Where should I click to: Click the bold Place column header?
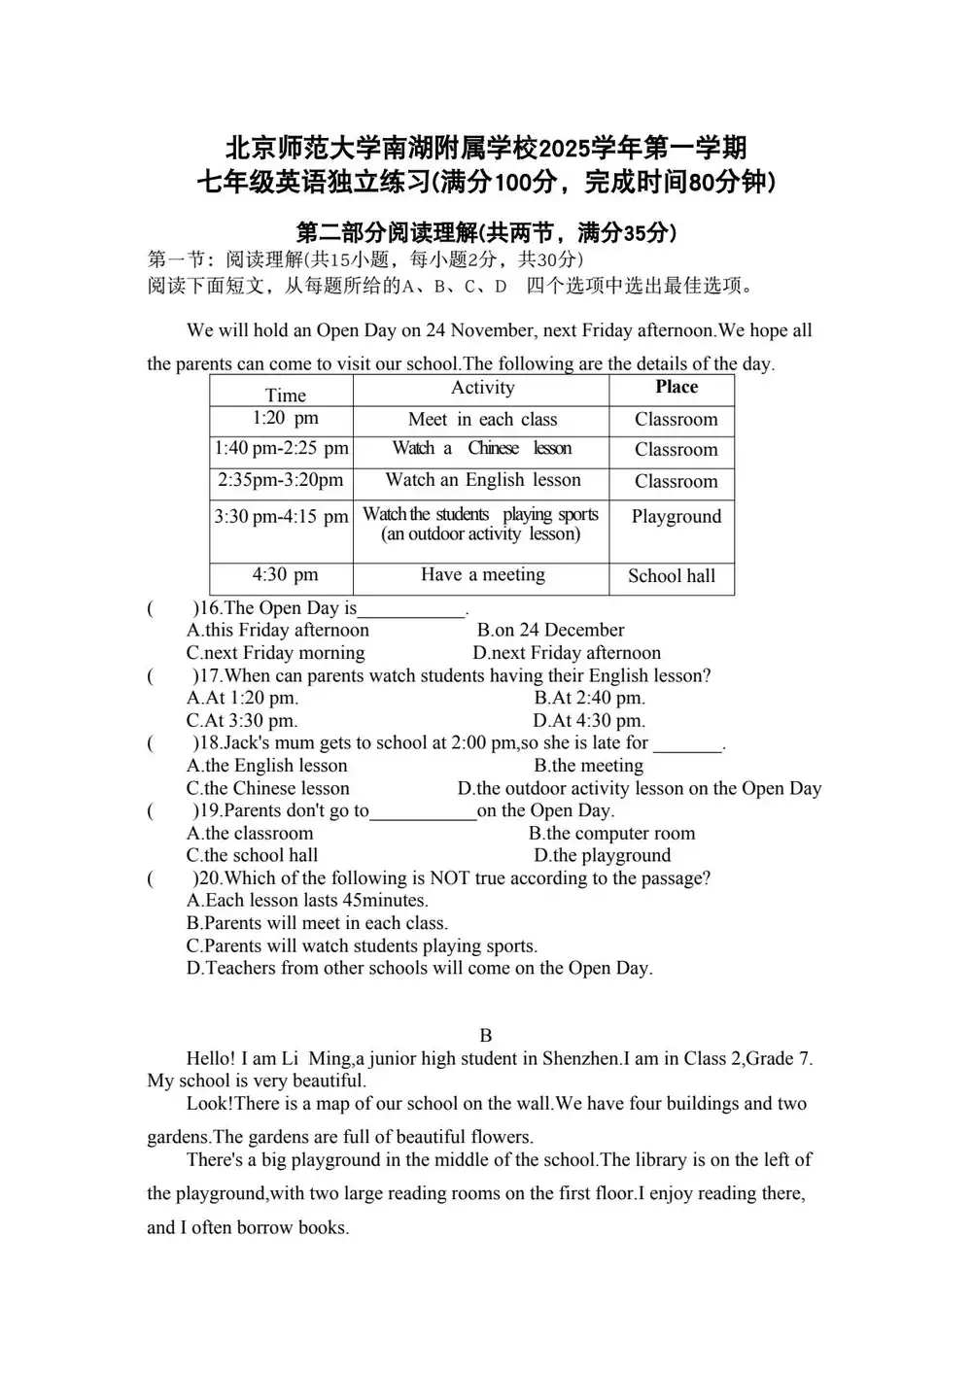[x=676, y=387]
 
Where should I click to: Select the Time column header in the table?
[x=285, y=395]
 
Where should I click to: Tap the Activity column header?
[x=482, y=388]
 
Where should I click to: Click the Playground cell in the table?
[x=676, y=516]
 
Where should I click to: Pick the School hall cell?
[x=671, y=575]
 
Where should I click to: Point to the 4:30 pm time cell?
[x=285, y=574]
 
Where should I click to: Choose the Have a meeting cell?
[x=482, y=574]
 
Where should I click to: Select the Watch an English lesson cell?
[x=482, y=479]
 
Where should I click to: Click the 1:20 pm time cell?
[x=285, y=418]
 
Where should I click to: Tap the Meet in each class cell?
[x=482, y=420]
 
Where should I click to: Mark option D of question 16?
[x=567, y=653]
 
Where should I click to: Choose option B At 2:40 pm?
[x=589, y=698]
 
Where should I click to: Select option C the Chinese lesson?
[x=268, y=788]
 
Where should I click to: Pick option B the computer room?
[x=611, y=833]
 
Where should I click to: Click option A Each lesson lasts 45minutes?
[x=307, y=900]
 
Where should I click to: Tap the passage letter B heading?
[x=486, y=1036]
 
